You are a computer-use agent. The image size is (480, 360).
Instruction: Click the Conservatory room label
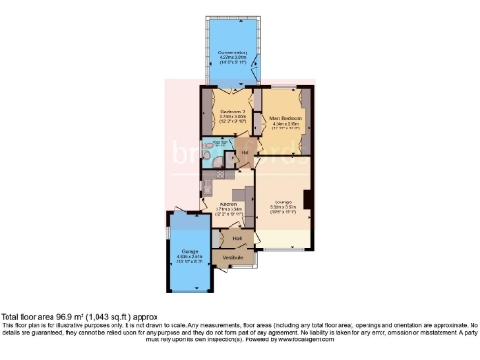(x=232, y=52)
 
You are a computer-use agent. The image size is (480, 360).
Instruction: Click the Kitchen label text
(x=228, y=203)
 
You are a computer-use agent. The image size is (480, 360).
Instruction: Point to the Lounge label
(x=283, y=202)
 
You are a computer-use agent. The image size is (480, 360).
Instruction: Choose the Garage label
(x=190, y=253)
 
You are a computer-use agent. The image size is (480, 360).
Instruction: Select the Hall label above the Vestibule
(x=237, y=238)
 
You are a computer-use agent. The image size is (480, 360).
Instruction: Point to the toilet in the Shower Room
(x=207, y=156)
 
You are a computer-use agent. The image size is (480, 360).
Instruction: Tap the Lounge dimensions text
(x=283, y=210)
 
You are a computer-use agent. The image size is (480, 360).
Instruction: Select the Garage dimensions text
(x=190, y=261)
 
